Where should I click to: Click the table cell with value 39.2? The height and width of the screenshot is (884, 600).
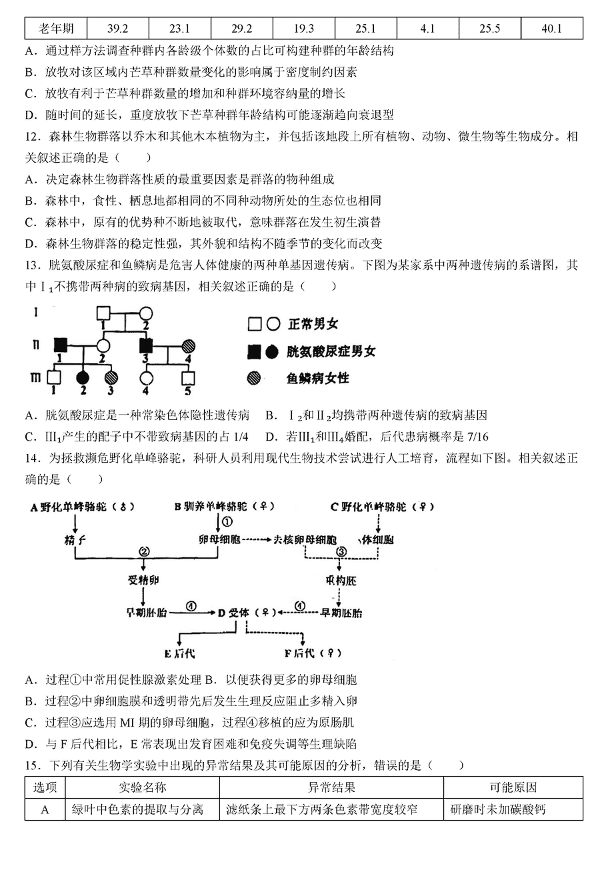click(117, 28)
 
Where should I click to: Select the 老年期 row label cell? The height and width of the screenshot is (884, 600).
click(55, 28)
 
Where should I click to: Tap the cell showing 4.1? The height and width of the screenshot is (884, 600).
click(427, 28)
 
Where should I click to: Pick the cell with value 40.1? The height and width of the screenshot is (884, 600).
click(551, 28)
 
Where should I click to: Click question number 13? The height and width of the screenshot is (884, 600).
click(33, 265)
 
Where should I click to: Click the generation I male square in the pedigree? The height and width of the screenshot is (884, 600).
click(103, 313)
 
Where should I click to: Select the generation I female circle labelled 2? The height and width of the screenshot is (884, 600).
click(145, 313)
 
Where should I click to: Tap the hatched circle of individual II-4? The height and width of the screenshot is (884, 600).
click(188, 346)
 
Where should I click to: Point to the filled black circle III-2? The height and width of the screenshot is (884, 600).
click(83, 378)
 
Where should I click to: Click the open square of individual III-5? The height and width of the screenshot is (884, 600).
click(188, 378)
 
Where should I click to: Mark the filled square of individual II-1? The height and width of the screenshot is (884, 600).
click(61, 345)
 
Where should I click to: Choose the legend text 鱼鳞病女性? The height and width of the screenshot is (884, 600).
click(318, 378)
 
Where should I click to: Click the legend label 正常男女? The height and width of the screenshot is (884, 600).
click(313, 324)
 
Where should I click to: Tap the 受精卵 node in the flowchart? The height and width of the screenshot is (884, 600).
click(143, 581)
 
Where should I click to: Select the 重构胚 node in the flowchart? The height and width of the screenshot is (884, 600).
click(341, 581)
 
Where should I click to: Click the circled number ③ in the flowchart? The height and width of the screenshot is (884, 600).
click(341, 551)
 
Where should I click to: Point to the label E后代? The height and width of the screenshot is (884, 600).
click(179, 654)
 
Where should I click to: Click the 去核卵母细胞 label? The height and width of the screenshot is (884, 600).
click(305, 540)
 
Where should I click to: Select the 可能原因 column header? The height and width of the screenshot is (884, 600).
click(513, 788)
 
